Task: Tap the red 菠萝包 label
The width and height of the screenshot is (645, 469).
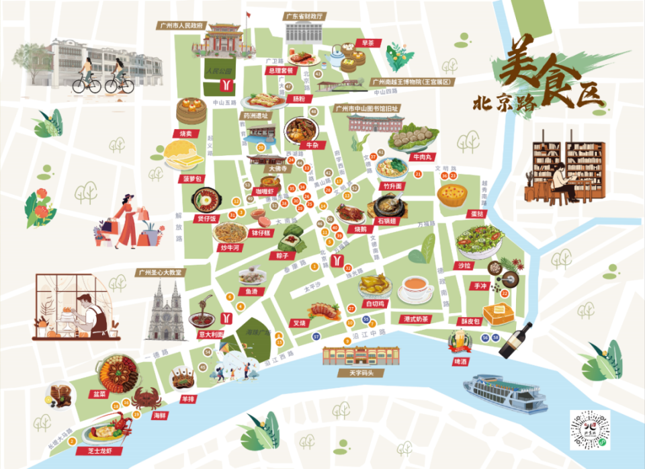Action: pyautogui.click(x=191, y=179)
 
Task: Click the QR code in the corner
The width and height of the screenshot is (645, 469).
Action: pyautogui.click(x=589, y=431)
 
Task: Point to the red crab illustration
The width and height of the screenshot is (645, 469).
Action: pyautogui.click(x=146, y=398)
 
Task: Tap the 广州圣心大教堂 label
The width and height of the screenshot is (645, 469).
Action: pyautogui.click(x=159, y=272)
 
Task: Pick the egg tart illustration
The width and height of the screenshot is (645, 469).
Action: pyautogui.click(x=451, y=195)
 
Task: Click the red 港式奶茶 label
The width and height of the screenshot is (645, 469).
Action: pyautogui.click(x=417, y=318)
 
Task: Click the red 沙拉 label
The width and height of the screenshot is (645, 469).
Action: pyautogui.click(x=464, y=266)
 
